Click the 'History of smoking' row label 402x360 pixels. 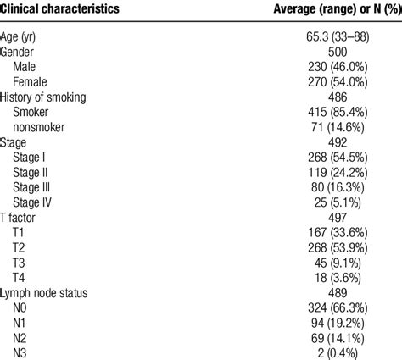50,97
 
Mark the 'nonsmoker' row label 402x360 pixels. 42,127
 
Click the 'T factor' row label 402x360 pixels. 24,216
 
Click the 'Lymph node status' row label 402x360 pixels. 49,290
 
